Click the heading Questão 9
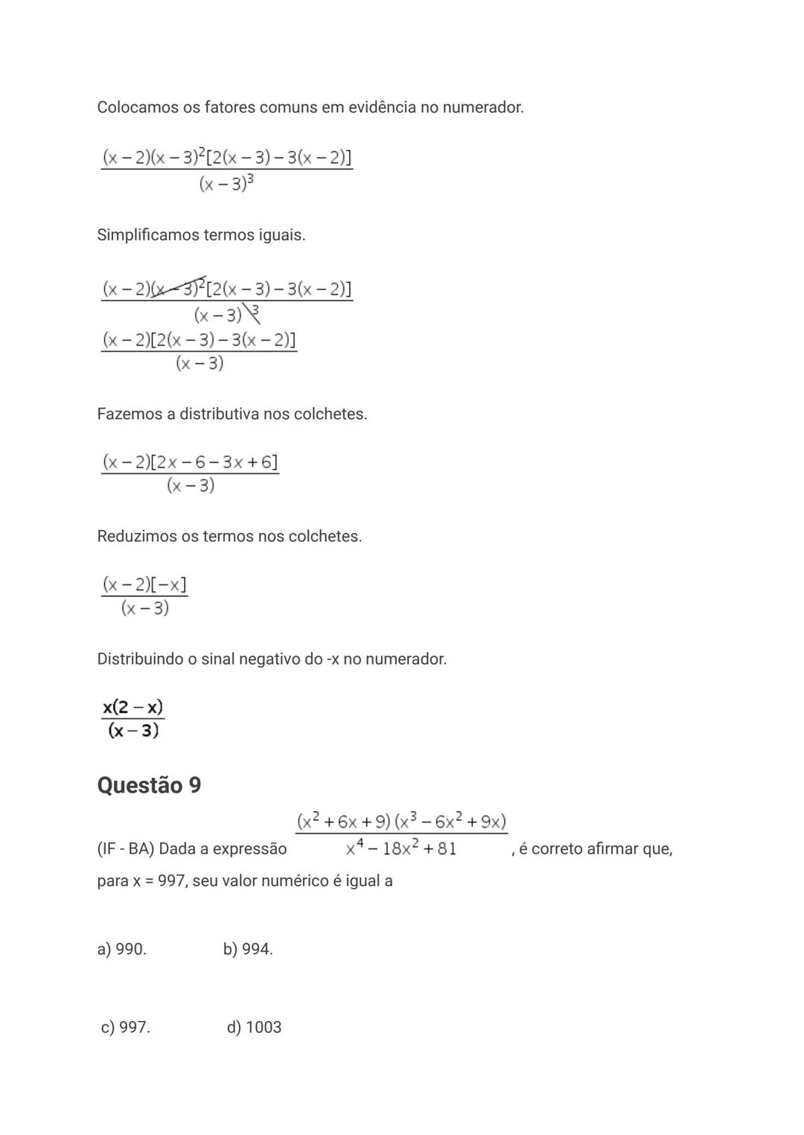pyautogui.click(x=149, y=785)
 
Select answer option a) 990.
pyautogui.click(x=121, y=949)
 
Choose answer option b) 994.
pyautogui.click(x=248, y=949)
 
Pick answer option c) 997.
pyautogui.click(x=125, y=1027)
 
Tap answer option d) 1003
pyautogui.click(x=254, y=1027)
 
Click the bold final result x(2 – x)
pyautogui.click(x=133, y=706)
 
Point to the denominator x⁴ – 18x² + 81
pyautogui.click(x=401, y=848)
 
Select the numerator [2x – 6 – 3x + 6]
pyautogui.click(x=214, y=462)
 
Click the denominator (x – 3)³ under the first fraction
pyautogui.click(x=226, y=183)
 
